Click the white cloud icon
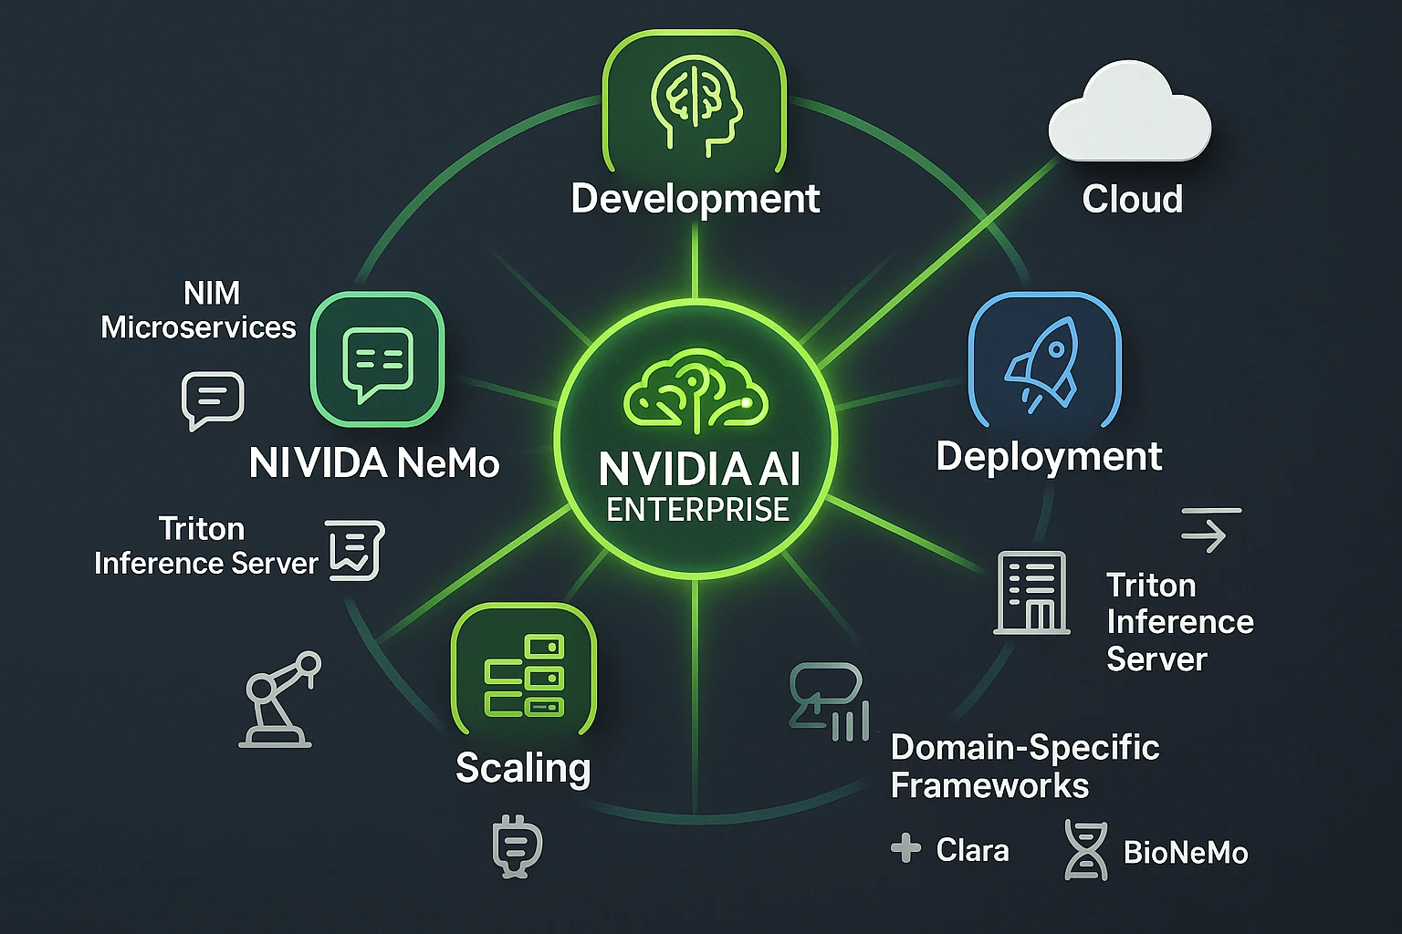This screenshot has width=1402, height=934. point(1130,114)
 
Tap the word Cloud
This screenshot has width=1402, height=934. point(1132,199)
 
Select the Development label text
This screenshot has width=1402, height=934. point(695,199)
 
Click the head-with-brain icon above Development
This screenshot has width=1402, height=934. point(696,102)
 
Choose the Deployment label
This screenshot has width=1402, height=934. point(1049,456)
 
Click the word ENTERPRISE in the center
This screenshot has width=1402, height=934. point(697,509)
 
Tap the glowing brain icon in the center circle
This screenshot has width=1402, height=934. point(696,392)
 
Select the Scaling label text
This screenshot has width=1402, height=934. point(523,768)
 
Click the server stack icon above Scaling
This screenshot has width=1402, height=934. point(524,676)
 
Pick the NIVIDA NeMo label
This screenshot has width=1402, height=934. point(374,463)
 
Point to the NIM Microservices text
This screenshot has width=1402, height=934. point(199,310)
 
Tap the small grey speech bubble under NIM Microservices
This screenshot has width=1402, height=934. point(213,400)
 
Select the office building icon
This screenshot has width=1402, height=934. point(1031,593)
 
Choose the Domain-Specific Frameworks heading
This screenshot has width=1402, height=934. point(1024,766)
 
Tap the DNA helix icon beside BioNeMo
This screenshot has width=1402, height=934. point(1086,850)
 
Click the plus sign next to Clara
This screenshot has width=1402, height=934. point(905,848)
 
